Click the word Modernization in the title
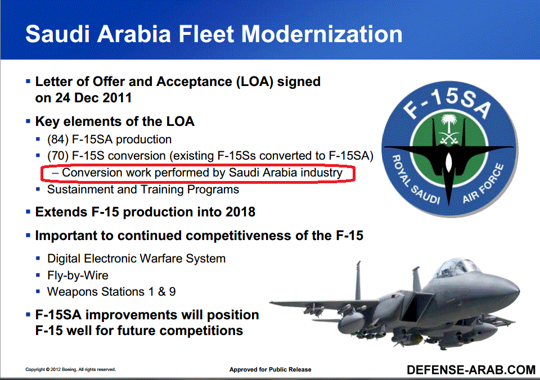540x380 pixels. point(322,34)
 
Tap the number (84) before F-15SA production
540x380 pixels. point(58,139)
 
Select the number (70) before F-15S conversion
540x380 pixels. point(58,156)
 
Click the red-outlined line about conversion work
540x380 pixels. point(197,173)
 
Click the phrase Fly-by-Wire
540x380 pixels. point(78,275)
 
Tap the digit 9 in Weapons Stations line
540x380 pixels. point(172,292)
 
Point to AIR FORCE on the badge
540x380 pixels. point(483,183)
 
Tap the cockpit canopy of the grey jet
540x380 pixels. point(455,268)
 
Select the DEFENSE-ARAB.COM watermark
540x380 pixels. point(471,370)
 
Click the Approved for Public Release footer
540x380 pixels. point(271,370)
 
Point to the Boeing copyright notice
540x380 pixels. point(71,370)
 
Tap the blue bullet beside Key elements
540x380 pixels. point(28,121)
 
